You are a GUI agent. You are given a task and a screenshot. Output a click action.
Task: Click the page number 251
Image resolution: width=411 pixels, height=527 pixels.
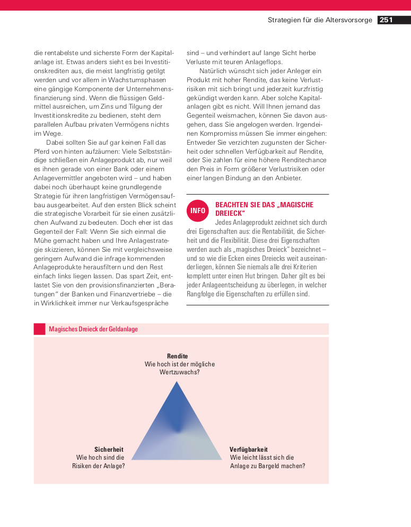[386, 20]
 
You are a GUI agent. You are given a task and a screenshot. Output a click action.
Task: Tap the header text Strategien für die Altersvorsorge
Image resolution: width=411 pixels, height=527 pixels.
[320, 20]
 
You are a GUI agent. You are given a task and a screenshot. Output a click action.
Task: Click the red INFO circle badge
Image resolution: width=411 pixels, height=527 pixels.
[198, 210]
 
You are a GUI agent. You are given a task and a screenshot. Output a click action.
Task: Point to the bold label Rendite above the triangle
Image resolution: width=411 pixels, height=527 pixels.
[177, 356]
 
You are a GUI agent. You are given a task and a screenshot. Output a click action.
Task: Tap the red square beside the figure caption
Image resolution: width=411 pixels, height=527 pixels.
[40, 329]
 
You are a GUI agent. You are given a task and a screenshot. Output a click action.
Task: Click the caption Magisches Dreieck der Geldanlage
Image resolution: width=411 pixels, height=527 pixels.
[93, 329]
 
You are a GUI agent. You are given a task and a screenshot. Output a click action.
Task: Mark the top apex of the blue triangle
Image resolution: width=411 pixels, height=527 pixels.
[177, 382]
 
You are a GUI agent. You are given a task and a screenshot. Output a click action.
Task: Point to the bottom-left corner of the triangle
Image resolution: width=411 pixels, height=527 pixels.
[132, 459]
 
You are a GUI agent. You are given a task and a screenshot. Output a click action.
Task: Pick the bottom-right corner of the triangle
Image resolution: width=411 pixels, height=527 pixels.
[222, 459]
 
